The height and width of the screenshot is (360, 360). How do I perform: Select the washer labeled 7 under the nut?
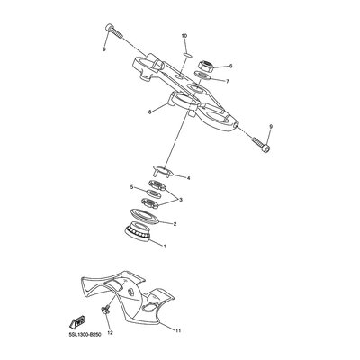202,75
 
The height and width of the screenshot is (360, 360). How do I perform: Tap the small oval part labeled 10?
187,55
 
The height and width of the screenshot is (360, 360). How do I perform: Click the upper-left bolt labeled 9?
114,31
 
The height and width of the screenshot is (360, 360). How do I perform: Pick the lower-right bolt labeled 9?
261,144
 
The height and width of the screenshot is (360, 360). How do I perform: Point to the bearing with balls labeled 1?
137,231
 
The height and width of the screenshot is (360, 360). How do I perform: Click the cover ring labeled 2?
144,216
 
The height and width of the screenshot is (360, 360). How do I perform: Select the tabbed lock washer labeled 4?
162,171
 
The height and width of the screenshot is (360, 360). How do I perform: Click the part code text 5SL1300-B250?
83,334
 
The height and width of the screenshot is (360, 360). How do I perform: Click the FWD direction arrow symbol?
76,322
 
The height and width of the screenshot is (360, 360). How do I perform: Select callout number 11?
178,330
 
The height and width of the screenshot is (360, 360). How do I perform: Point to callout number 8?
150,112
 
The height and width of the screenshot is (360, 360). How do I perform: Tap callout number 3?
181,200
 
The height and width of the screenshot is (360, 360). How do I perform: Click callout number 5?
131,187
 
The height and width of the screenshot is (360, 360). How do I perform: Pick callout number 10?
184,36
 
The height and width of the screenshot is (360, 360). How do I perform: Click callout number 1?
165,246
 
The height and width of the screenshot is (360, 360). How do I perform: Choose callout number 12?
110,332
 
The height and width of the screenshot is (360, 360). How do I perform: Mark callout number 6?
230,66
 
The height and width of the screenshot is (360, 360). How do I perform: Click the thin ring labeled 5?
153,193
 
